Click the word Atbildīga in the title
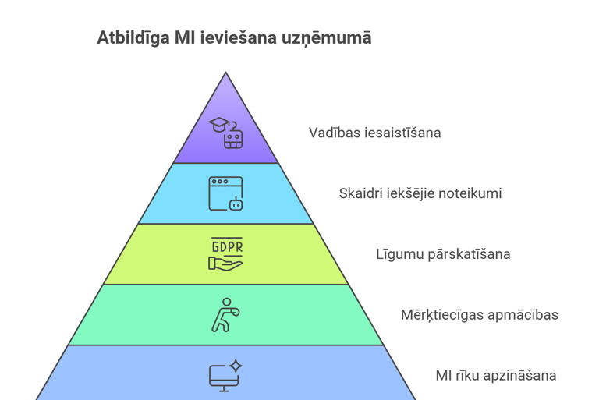point(128,37)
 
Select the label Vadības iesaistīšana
point(374,133)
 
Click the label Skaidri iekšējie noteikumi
point(420,193)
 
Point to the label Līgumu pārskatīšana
point(443,254)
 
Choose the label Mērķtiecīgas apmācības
point(479,315)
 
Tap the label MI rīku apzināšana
point(495,376)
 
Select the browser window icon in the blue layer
point(225,193)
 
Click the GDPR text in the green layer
point(226,247)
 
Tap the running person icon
point(225,315)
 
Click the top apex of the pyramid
point(226,74)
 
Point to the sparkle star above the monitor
point(236,365)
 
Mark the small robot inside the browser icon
point(235,204)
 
